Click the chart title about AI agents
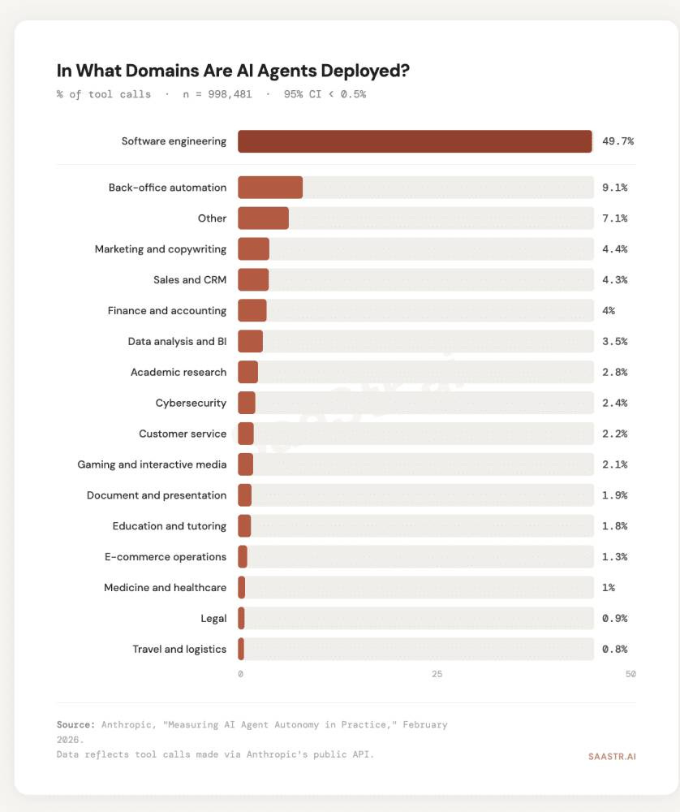(x=233, y=71)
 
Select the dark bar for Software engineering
(x=415, y=141)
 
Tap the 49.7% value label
(x=618, y=141)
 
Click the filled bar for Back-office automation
(x=270, y=188)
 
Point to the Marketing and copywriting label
(x=161, y=249)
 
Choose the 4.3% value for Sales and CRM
(x=614, y=280)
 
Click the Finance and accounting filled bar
(x=252, y=310)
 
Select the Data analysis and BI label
(x=177, y=341)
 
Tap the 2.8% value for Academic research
(x=614, y=372)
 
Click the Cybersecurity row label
(x=191, y=403)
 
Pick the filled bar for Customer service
(x=246, y=434)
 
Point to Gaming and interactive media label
(x=152, y=464)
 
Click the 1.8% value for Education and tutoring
(x=614, y=526)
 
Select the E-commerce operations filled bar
(x=243, y=557)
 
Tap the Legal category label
(x=213, y=619)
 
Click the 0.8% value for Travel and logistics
(x=614, y=649)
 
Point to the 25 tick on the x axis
(x=437, y=675)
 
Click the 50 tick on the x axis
(x=630, y=675)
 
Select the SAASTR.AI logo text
(x=612, y=756)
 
